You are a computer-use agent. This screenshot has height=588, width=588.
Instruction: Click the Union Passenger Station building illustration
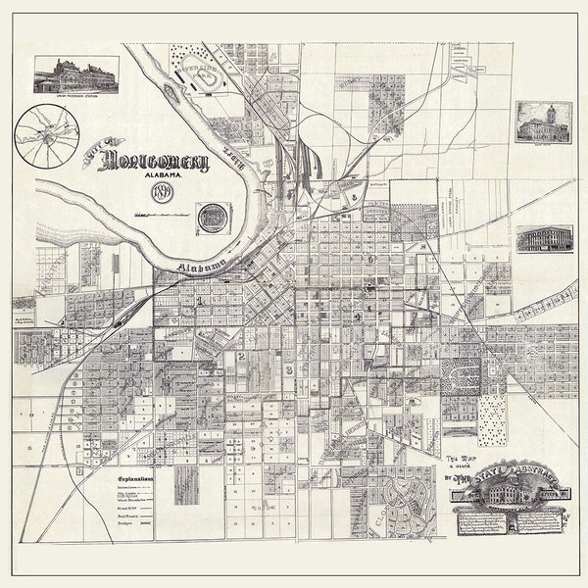tap(76, 73)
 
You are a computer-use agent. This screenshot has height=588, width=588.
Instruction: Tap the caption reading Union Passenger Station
tap(76, 96)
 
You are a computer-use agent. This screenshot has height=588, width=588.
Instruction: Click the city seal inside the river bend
tap(211, 217)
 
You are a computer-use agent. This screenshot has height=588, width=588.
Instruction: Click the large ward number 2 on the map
tap(240, 357)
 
